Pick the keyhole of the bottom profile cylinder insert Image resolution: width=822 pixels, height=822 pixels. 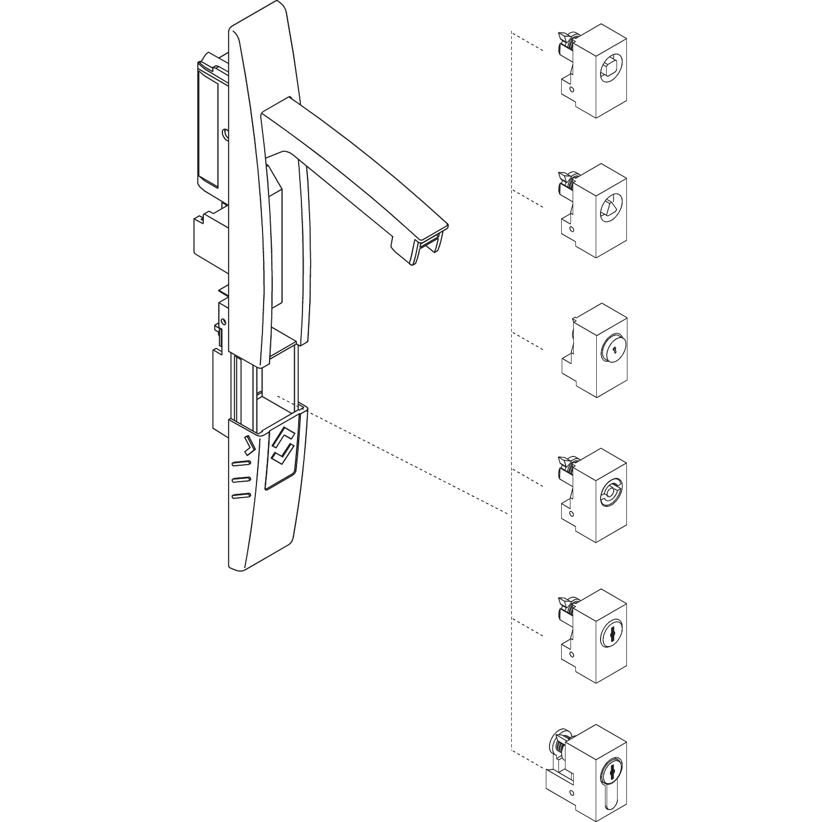[x=610, y=773]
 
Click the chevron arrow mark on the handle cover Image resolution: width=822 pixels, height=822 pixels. [x=249, y=446]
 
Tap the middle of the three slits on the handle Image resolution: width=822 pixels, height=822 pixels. [x=241, y=480]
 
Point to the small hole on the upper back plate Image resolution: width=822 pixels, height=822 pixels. [x=225, y=134]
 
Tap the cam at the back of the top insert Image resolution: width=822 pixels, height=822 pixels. [x=566, y=41]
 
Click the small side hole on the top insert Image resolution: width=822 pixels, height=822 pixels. [x=572, y=89]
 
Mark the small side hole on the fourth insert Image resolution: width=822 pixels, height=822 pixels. [x=572, y=513]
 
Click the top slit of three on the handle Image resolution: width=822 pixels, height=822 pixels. [x=241, y=464]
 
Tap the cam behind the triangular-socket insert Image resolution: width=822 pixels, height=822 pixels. [x=566, y=181]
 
